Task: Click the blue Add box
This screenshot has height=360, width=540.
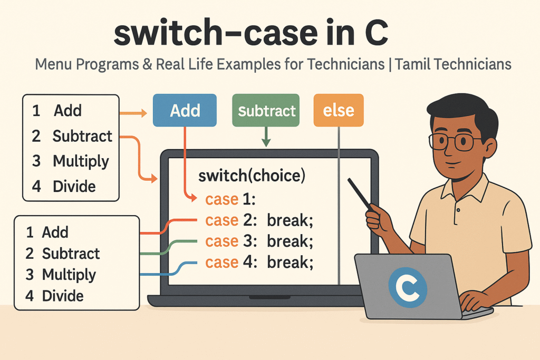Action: click(x=185, y=110)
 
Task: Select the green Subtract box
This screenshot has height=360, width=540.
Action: click(x=266, y=110)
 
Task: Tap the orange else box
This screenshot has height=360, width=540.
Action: click(x=339, y=110)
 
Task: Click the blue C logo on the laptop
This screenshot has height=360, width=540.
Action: click(x=408, y=287)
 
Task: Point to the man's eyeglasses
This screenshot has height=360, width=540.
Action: click(x=454, y=141)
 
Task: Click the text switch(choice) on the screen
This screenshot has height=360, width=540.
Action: click(x=252, y=176)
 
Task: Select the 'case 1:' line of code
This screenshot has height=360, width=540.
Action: click(x=230, y=199)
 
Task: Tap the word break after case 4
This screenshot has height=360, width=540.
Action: click(x=290, y=262)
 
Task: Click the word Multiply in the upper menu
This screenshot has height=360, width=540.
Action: click(x=81, y=161)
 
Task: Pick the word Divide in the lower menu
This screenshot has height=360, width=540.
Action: click(x=63, y=296)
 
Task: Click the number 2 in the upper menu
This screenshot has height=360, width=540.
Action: click(x=36, y=136)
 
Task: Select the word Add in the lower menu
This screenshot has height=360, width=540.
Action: click(x=55, y=232)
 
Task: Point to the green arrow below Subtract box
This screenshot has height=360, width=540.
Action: click(x=266, y=137)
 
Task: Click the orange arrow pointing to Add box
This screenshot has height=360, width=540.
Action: click(x=133, y=113)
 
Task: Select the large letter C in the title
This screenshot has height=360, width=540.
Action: click(x=377, y=33)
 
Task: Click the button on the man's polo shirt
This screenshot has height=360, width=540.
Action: click(x=458, y=210)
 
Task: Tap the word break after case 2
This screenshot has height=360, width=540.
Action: click(x=290, y=220)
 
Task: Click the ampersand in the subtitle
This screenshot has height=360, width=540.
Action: click(x=147, y=64)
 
